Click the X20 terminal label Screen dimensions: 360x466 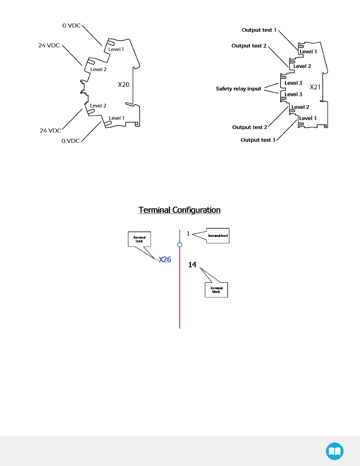pyautogui.click(x=124, y=85)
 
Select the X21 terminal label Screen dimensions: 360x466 pyautogui.click(x=315, y=87)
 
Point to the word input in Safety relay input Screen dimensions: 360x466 pyautogui.click(x=254, y=89)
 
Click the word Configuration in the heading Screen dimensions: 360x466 pyautogui.click(x=196, y=210)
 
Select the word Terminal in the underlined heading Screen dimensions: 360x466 pyautogui.click(x=154, y=210)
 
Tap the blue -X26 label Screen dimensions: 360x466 pyautogui.click(x=164, y=259)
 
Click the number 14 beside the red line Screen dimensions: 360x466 pyautogui.click(x=192, y=265)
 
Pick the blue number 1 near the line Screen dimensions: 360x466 pyautogui.click(x=188, y=234)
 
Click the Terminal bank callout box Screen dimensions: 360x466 pyautogui.click(x=139, y=239)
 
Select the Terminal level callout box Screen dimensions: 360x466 pyautogui.click(x=218, y=236)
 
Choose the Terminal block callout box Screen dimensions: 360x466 pyautogui.click(x=216, y=290)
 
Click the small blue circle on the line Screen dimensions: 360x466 pyautogui.click(x=180, y=245)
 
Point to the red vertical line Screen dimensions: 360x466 pyautogui.click(x=180, y=288)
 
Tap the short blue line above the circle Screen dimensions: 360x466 pyautogui.click(x=180, y=236)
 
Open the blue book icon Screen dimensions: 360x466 pyautogui.click(x=335, y=451)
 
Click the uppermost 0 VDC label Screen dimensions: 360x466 pyautogui.click(x=71, y=26)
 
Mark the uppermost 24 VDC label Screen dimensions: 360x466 pyautogui.click(x=49, y=46)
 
